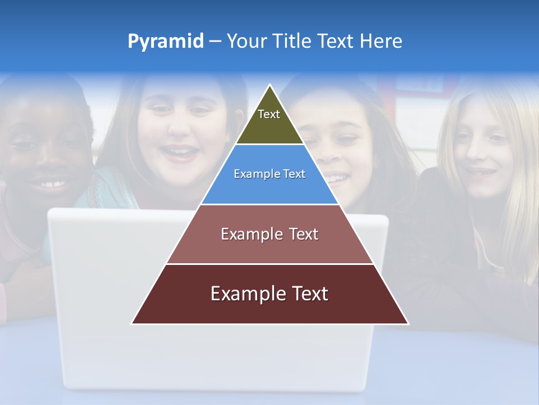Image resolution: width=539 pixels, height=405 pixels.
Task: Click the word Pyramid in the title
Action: tap(165, 42)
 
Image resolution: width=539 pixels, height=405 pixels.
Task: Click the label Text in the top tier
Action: tap(269, 114)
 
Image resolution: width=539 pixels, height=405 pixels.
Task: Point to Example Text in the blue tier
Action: tap(269, 174)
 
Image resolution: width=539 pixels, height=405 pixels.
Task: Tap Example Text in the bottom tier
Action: tap(269, 294)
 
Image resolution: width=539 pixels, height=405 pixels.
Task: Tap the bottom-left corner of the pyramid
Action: tap(131, 323)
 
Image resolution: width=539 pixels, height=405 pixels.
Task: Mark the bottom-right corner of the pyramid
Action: tap(408, 323)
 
